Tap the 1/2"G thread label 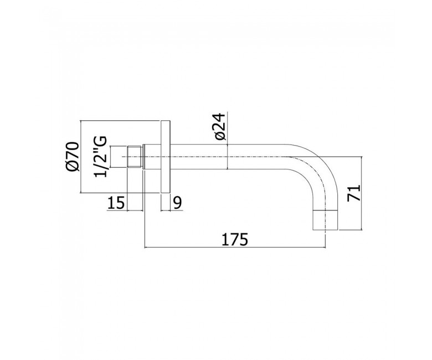point(100,157)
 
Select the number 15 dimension point(116,203)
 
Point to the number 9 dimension point(178,203)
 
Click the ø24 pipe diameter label point(220,126)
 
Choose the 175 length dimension point(235,239)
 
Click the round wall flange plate point(166,157)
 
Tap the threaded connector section point(135,157)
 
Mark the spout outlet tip point(325,220)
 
